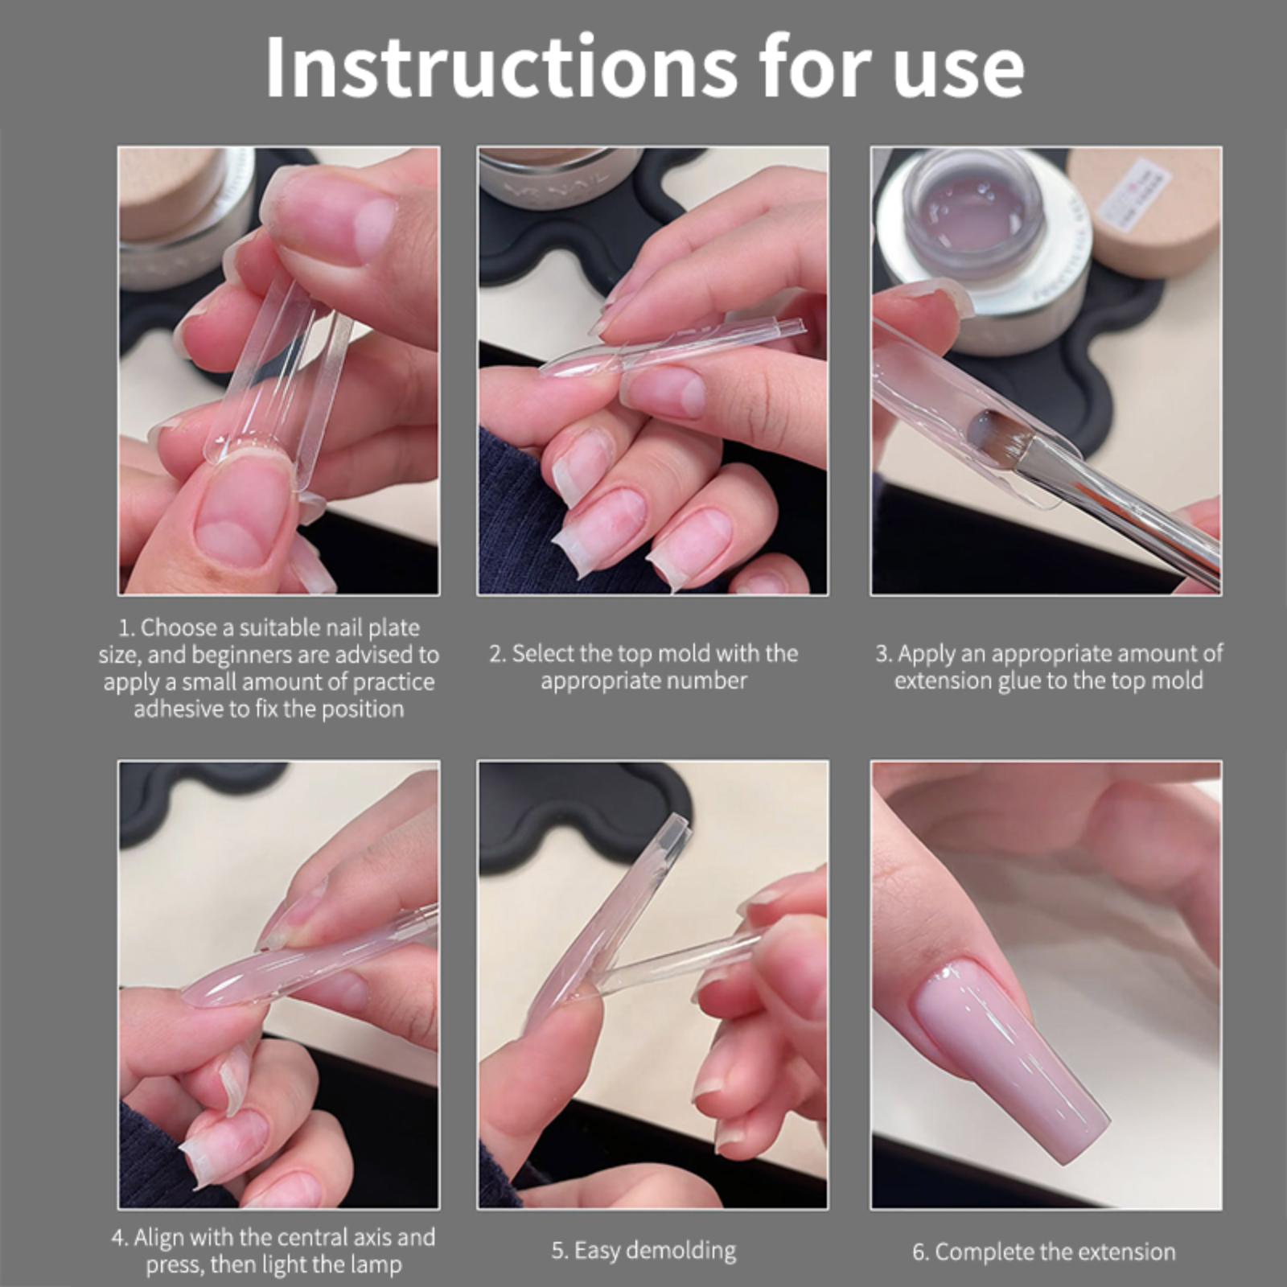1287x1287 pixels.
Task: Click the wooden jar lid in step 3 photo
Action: pyautogui.click(x=1142, y=213)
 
